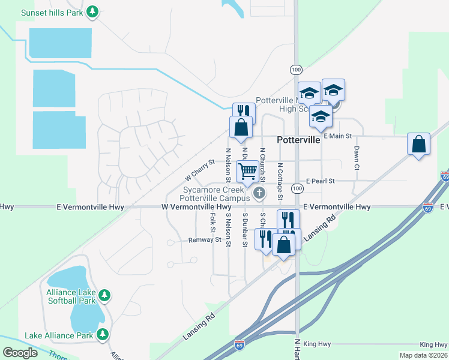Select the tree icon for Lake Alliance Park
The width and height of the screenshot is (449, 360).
tap(103, 335)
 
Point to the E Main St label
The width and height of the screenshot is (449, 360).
tap(337, 136)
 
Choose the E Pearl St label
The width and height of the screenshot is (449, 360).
tap(320, 181)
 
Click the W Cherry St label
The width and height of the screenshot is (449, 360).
tap(200, 170)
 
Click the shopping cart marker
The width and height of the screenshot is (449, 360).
tap(248, 171)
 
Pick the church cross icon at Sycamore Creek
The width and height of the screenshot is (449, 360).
tap(259, 193)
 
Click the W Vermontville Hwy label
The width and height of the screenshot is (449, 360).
tap(196, 207)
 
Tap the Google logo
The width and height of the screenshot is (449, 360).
tap(20, 353)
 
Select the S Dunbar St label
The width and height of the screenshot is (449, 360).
tap(245, 229)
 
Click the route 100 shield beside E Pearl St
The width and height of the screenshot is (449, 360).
tap(297, 189)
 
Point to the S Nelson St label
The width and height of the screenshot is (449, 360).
tap(228, 229)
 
